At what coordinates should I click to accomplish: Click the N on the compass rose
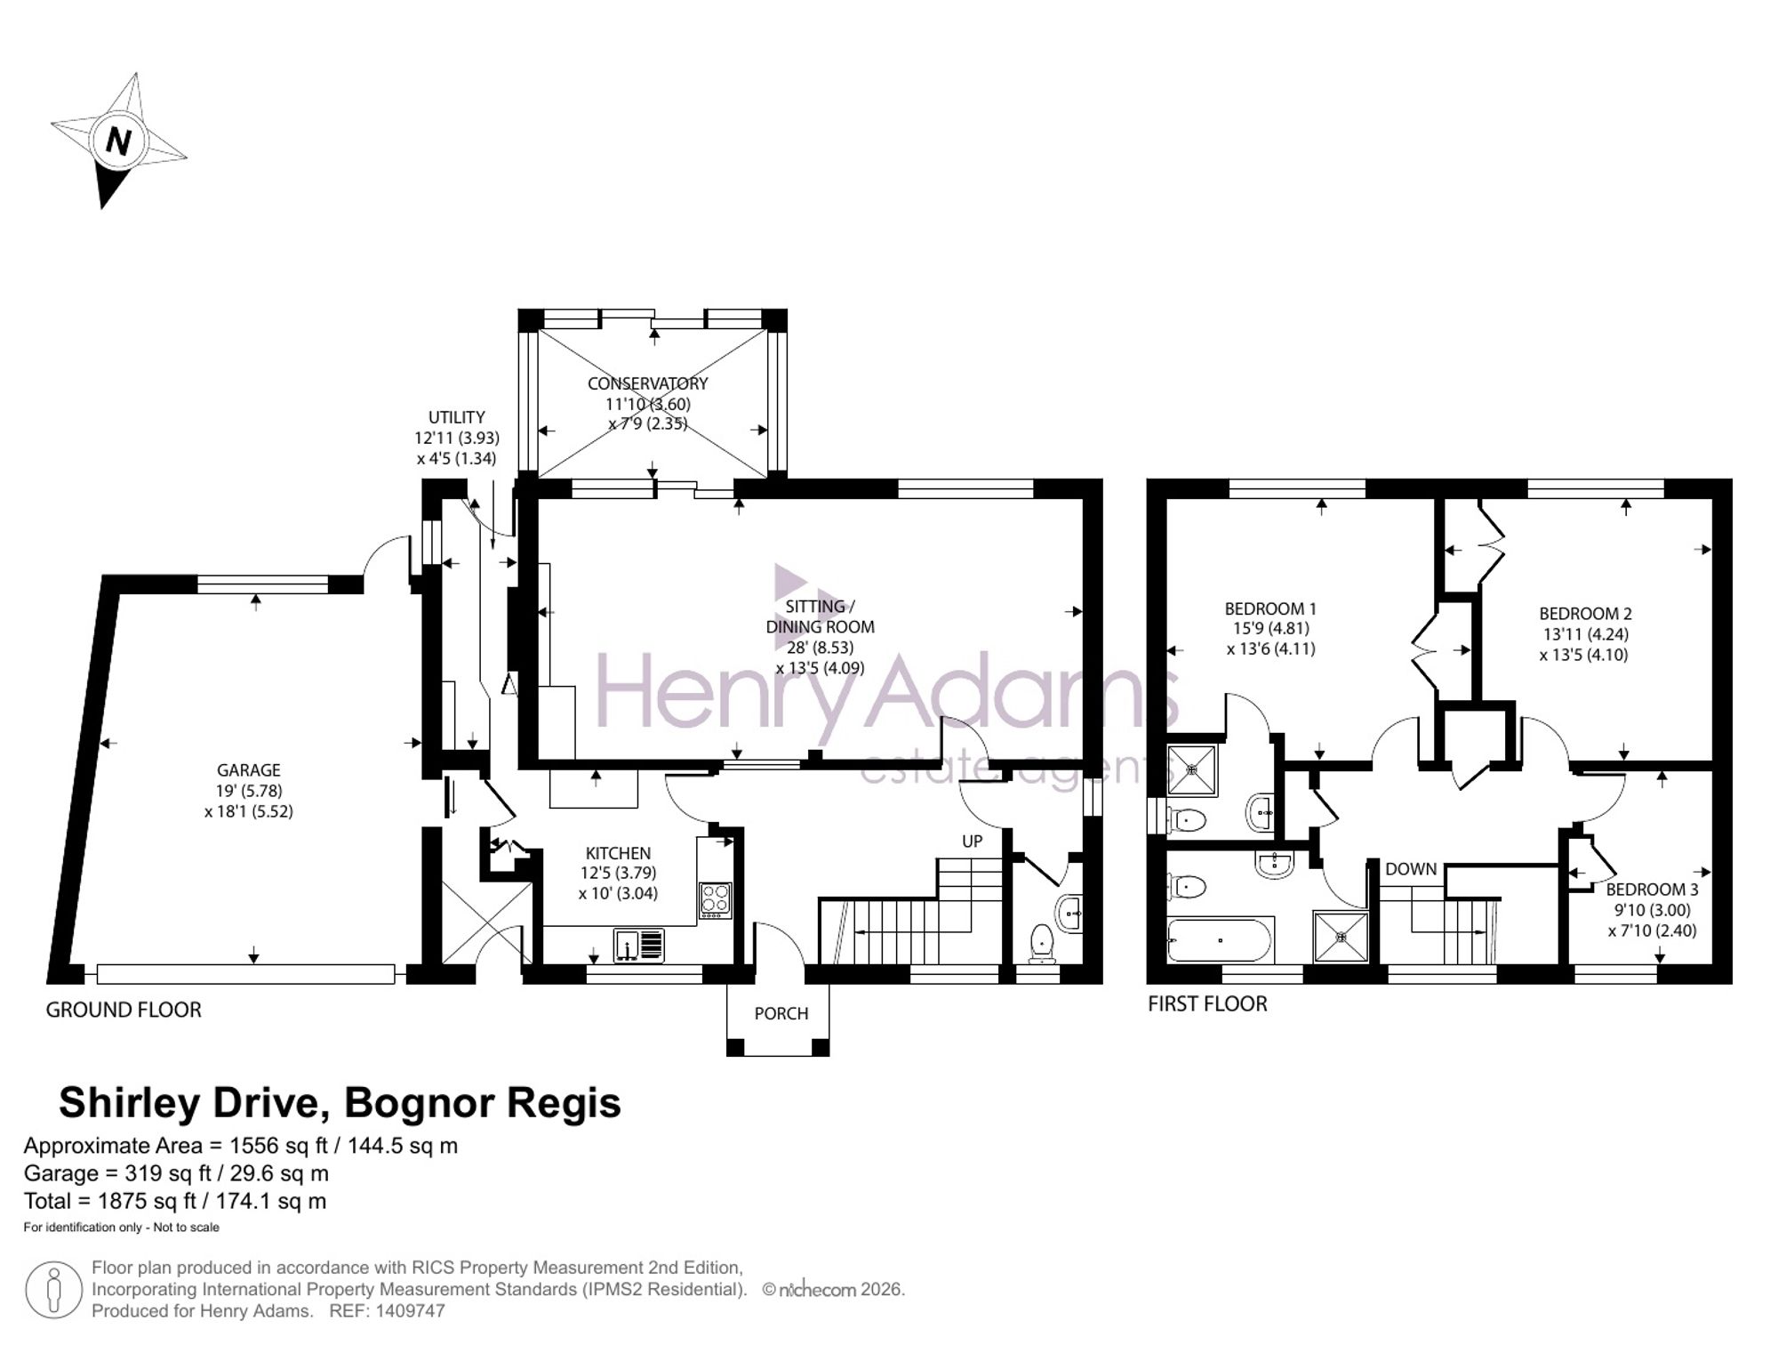118,141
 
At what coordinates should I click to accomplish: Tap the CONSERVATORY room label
647,383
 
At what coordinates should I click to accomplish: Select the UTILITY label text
457,417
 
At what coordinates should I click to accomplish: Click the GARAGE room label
249,770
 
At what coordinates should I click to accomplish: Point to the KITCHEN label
618,853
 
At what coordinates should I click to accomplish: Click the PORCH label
781,1013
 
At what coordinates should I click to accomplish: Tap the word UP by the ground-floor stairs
973,841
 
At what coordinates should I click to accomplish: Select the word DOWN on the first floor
1411,869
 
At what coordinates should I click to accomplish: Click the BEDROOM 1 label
1270,609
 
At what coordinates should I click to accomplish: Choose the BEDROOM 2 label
1585,614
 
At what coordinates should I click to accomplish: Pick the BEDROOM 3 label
1652,890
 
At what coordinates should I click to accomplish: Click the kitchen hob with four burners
716,899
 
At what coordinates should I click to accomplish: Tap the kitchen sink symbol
638,945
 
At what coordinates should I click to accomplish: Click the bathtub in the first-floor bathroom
1221,939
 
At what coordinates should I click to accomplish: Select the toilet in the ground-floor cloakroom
1041,944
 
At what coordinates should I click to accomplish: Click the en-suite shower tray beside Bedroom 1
1192,769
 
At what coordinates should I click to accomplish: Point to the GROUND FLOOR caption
124,1010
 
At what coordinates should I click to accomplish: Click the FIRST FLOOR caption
1207,1003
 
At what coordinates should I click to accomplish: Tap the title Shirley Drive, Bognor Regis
340,1103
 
